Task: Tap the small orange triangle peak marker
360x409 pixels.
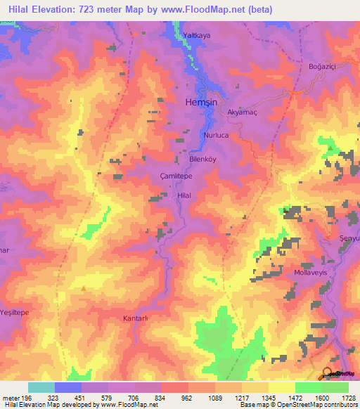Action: [84, 287]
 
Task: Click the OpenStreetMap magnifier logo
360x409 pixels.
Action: [327, 372]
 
